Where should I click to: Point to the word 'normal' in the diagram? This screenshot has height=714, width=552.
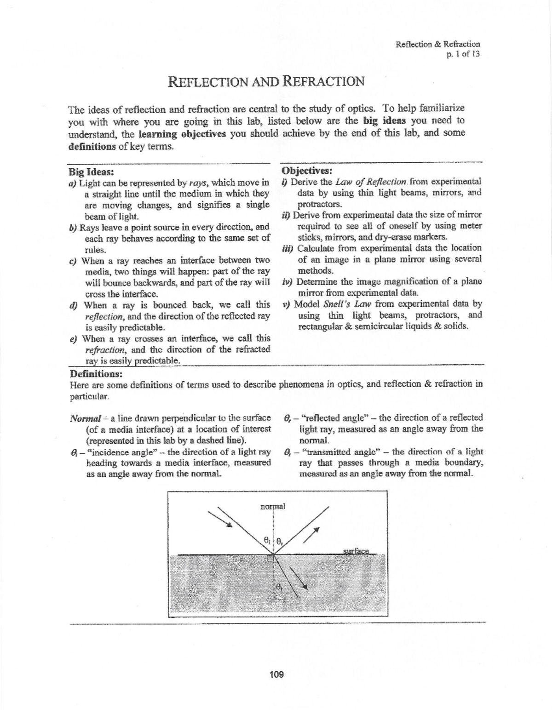click(273, 506)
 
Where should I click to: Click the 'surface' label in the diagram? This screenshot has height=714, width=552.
click(356, 551)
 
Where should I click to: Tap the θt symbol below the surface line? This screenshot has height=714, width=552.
click(279, 586)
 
